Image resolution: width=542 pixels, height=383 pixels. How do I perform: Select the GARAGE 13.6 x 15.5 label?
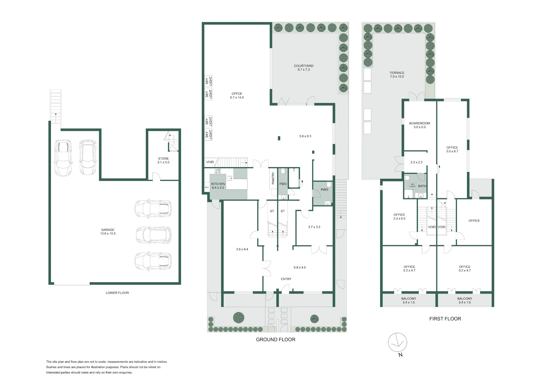(x=108, y=232)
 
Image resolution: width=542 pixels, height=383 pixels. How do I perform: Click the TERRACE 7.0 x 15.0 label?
(x=397, y=75)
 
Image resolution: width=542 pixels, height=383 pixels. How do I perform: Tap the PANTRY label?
(x=273, y=178)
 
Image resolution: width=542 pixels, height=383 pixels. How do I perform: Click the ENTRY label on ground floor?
(x=286, y=279)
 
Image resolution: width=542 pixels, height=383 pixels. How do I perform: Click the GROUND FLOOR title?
(x=276, y=340)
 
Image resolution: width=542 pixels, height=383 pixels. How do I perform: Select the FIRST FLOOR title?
(x=445, y=319)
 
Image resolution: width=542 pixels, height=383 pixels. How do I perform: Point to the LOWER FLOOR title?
(x=117, y=293)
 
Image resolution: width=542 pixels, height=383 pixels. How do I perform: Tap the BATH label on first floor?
(x=422, y=186)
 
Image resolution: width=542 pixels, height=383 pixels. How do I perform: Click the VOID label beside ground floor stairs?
(x=210, y=162)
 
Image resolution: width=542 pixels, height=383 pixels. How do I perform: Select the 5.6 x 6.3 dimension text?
(x=305, y=136)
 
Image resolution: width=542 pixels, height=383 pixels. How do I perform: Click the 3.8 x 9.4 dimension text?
(x=242, y=249)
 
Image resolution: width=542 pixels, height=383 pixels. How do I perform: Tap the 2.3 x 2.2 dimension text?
(x=417, y=162)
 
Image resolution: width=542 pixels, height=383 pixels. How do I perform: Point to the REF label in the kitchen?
(x=207, y=187)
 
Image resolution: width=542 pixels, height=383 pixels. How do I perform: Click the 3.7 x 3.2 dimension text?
(x=314, y=227)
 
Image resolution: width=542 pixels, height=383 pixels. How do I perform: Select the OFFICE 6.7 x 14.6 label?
(x=237, y=96)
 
